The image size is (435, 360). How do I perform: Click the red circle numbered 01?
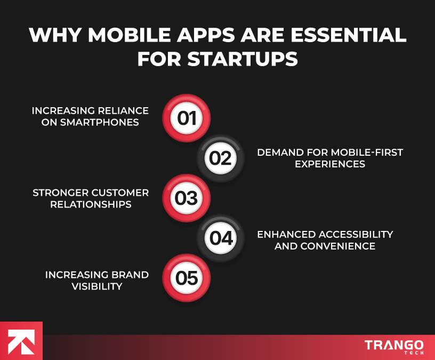point(187,118)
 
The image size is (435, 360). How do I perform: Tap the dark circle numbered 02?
point(221,158)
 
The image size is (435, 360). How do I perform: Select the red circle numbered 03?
point(187,198)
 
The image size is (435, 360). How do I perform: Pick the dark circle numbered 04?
point(221,238)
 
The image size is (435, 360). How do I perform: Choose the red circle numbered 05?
point(187,278)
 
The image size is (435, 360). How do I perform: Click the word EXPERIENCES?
point(330,164)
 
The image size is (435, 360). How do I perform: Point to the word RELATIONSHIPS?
point(91,204)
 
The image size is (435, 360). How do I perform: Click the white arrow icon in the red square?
point(21,341)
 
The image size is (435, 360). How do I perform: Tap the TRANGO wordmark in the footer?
point(394,345)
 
